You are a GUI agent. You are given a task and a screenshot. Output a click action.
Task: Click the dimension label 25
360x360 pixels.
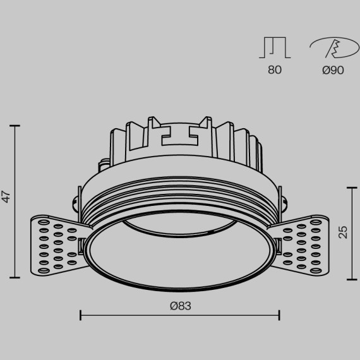pyautogui.click(x=343, y=232)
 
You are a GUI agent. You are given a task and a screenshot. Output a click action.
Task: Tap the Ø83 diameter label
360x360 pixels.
pyautogui.click(x=180, y=306)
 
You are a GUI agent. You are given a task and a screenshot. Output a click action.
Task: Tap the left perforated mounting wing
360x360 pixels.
pyautogui.click(x=54, y=244)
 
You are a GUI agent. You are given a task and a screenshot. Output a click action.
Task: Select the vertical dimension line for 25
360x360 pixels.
pyautogui.click(x=352, y=232)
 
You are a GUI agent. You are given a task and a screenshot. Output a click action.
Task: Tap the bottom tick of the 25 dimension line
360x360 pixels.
pyautogui.click(x=352, y=279)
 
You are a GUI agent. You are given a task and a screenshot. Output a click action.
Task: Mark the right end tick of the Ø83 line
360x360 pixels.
pyautogui.click(x=280, y=314)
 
